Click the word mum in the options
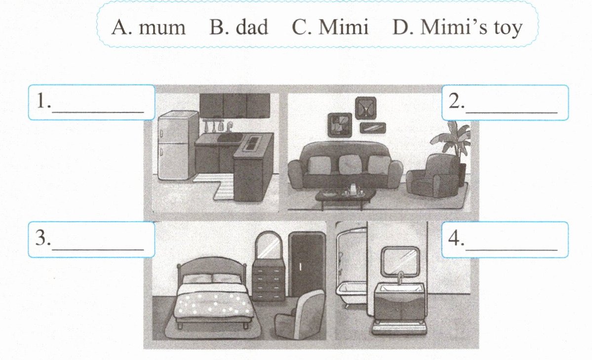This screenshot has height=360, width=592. tap(162, 28)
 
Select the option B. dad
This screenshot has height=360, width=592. tap(239, 28)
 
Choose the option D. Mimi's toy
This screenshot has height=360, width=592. tap(457, 28)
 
